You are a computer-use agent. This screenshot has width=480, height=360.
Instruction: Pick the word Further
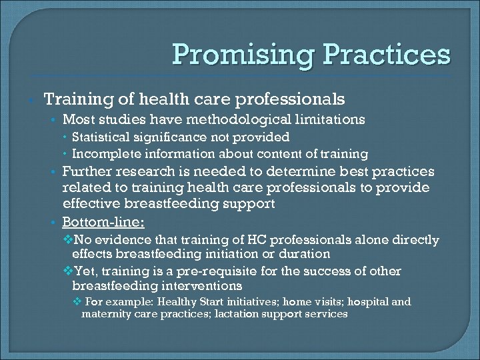pyautogui.click(x=85, y=171)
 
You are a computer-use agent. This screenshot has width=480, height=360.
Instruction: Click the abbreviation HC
pyautogui.click(x=286, y=239)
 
